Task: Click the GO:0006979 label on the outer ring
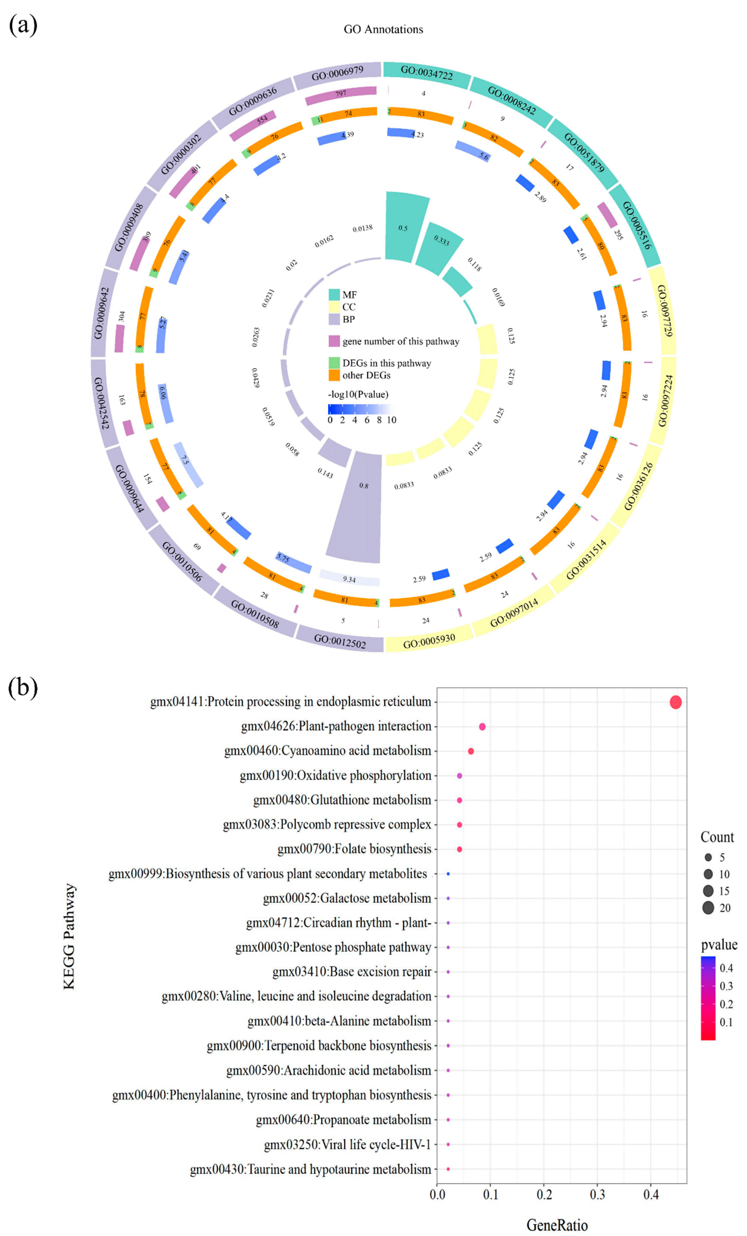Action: point(337,73)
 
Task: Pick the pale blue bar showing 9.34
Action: point(349,578)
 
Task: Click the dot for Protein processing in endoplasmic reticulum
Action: point(675,702)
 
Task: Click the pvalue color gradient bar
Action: point(708,998)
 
